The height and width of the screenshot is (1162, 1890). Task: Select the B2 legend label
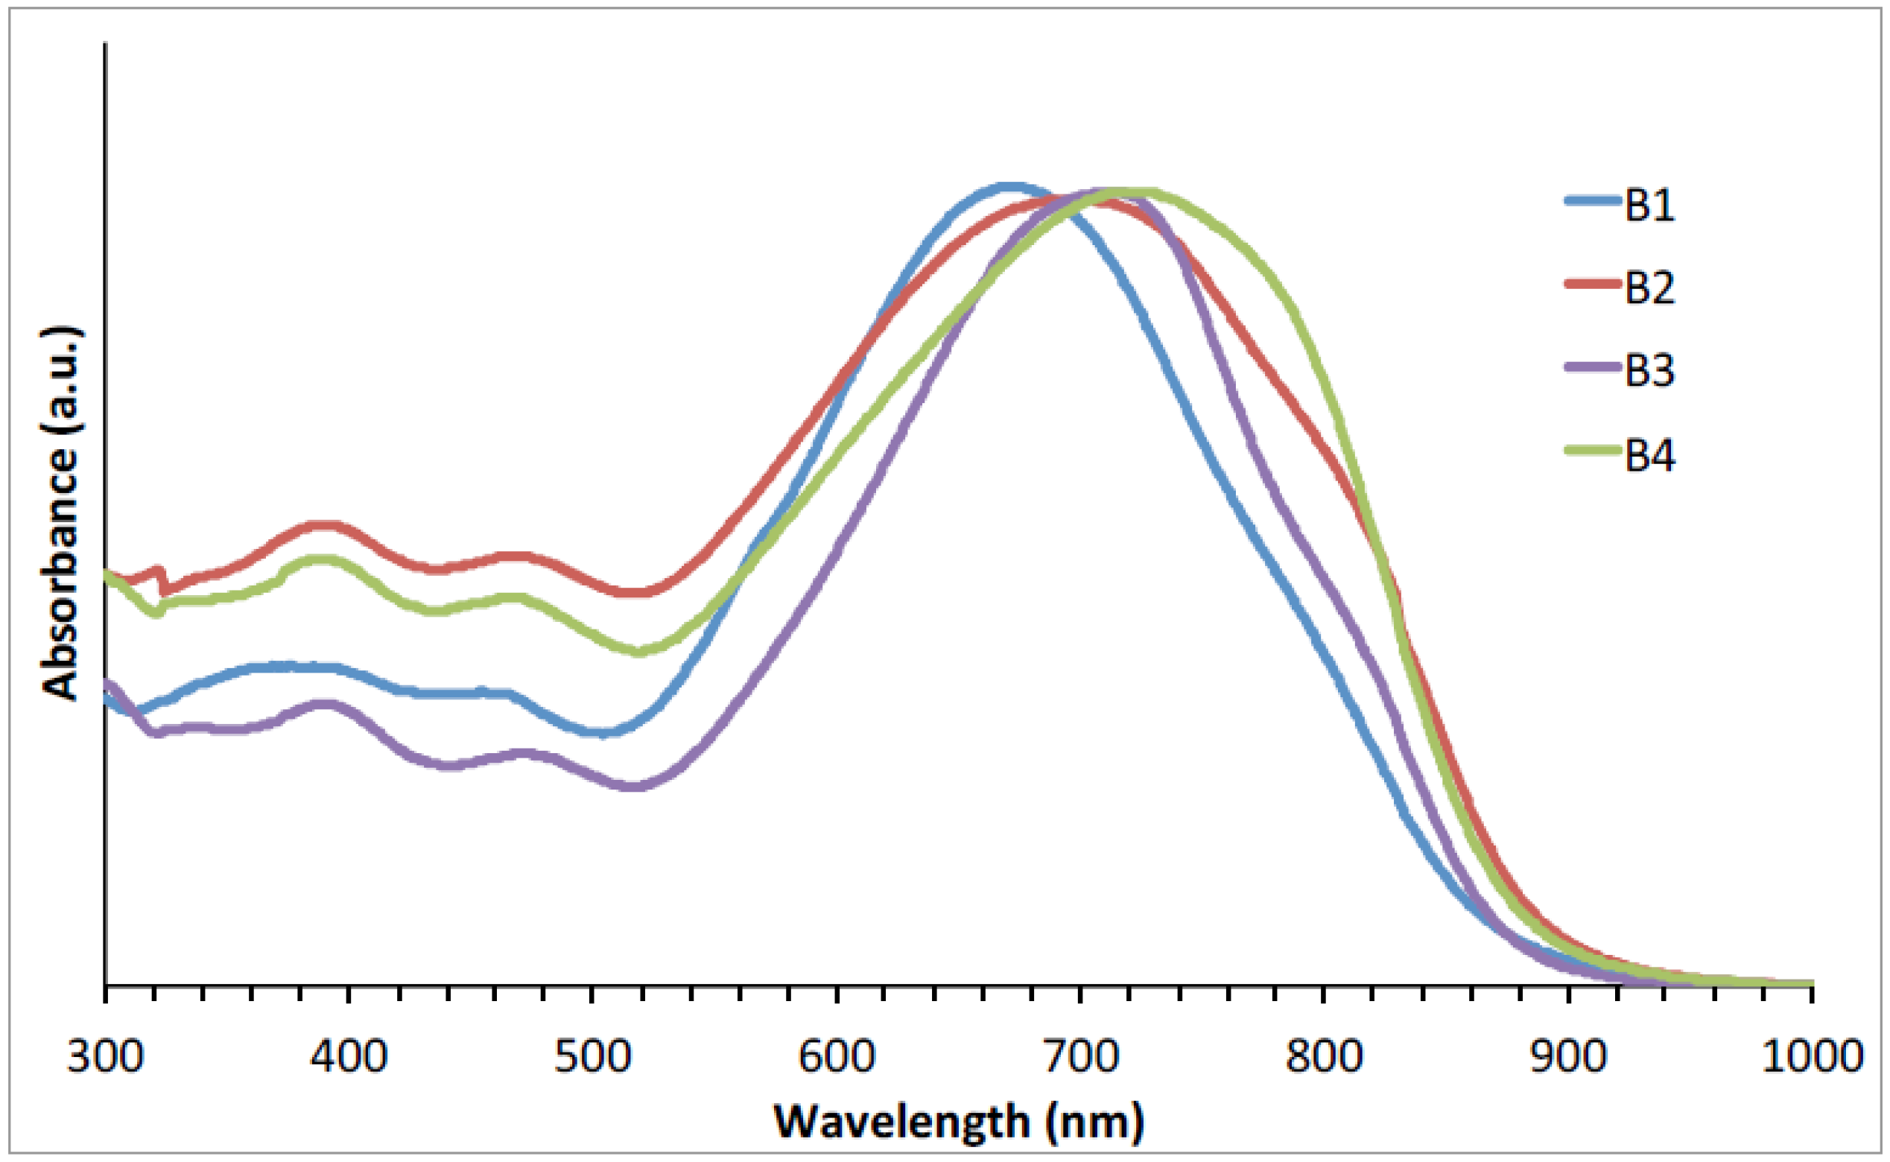click(1649, 288)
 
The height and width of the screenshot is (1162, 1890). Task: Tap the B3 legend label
click(1649, 369)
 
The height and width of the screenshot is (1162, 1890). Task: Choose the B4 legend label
click(1649, 454)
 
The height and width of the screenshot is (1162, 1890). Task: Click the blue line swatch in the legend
click(1593, 201)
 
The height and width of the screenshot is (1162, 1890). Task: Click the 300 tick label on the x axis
click(105, 1056)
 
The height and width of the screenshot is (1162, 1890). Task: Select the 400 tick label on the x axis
click(349, 1056)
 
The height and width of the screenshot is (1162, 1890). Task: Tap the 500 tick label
click(592, 1056)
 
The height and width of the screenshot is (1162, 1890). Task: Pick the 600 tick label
click(837, 1056)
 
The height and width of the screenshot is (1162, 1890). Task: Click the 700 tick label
click(1080, 1056)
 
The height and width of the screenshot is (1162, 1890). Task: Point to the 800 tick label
click(1325, 1056)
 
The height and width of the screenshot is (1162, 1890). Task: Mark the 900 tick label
click(1568, 1056)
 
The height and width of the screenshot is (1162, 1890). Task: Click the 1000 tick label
click(1812, 1056)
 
